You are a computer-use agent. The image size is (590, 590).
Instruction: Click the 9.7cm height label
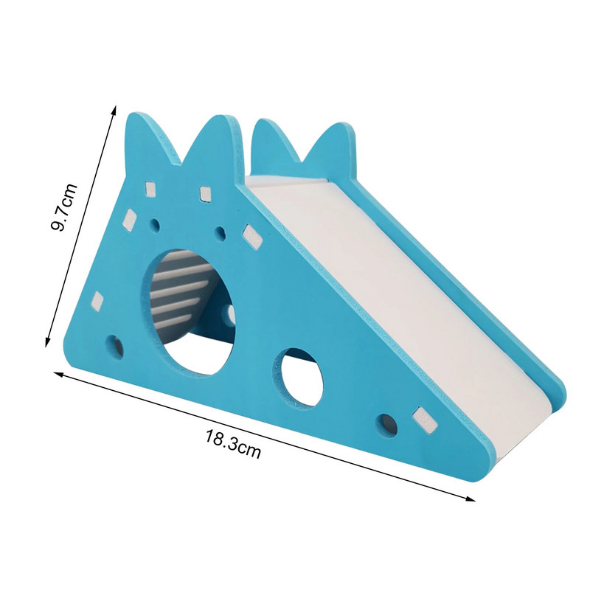64,207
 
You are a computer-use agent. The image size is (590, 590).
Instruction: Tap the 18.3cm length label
233,444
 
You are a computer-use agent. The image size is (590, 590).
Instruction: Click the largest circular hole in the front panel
187,311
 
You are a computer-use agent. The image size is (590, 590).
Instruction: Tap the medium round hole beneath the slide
298,377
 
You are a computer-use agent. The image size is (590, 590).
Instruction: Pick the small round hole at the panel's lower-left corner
115,347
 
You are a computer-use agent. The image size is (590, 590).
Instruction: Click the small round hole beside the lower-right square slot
386,426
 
